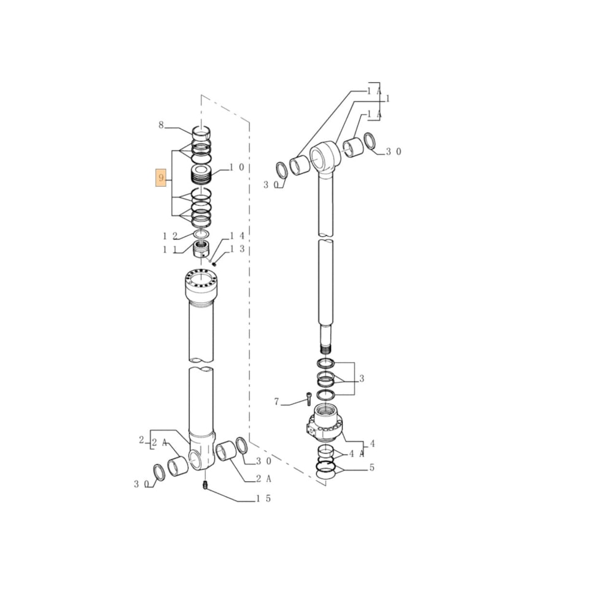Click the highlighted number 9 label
click(x=161, y=179)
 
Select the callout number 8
click(x=161, y=125)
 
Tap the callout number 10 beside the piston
click(x=237, y=168)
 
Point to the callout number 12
click(x=170, y=236)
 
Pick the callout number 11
click(x=170, y=250)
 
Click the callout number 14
click(x=237, y=236)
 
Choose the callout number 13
click(x=237, y=249)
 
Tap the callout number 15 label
click(x=263, y=499)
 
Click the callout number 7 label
click(x=277, y=402)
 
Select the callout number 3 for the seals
click(x=362, y=379)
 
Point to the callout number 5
click(x=371, y=468)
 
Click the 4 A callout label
click(x=357, y=454)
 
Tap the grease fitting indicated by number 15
click(x=205, y=486)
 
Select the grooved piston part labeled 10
click(x=201, y=176)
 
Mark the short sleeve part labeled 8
click(x=201, y=132)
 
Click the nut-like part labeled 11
click(x=201, y=249)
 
